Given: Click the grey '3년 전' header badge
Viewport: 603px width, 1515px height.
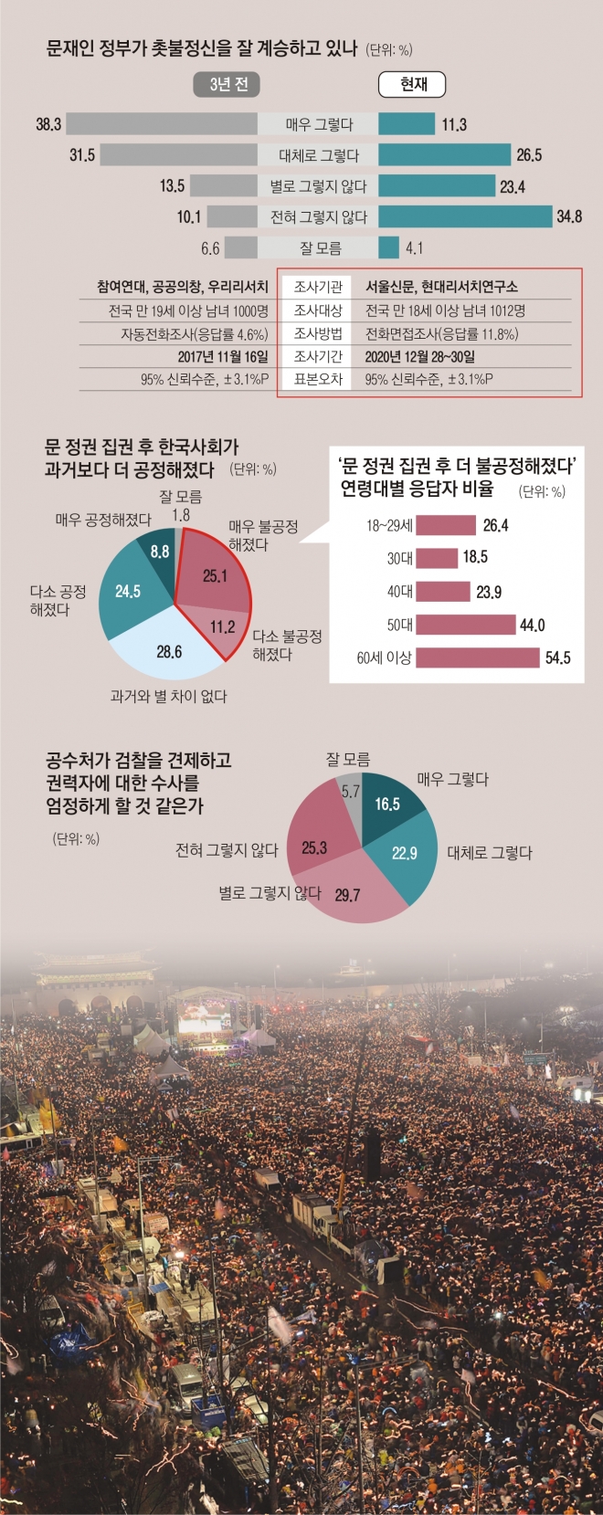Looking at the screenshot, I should point(227,85).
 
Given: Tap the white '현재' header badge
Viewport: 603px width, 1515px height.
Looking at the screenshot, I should point(413,85).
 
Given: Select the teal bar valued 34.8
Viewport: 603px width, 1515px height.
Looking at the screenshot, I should point(465,216).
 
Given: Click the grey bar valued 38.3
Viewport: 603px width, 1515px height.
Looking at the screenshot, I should point(161,124).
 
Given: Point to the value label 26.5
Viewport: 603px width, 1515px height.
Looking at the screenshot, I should point(529,155).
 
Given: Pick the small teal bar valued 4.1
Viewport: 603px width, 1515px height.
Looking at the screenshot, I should point(388,247).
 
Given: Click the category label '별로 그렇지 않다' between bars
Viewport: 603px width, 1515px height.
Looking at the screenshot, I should point(318,186).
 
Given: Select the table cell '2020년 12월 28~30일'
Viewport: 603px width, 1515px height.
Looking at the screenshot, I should point(419,356).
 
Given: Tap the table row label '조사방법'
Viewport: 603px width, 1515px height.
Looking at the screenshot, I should point(318,333).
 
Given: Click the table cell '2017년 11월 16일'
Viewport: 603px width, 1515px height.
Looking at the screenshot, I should point(223,356).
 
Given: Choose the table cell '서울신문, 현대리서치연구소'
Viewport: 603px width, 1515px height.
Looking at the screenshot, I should point(441,287).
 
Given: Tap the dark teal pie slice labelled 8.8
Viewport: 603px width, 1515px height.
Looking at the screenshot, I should point(159,552).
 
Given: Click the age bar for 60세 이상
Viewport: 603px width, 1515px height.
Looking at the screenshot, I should point(478,658).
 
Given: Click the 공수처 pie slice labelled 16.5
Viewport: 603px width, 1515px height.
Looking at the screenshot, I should point(388,804).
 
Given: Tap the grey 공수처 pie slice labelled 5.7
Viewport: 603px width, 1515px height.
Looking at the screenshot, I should point(351,793).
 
